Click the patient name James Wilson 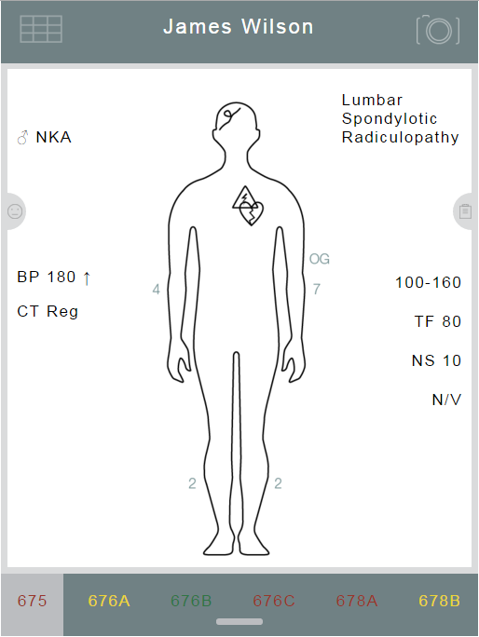[239, 27]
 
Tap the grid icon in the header [41, 29]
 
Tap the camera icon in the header [438, 30]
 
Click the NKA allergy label [54, 137]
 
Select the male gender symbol [22, 138]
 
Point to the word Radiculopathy [400, 137]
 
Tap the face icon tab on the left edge [15, 211]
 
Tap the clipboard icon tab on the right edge [465, 211]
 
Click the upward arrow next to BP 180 [87, 278]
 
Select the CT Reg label [48, 312]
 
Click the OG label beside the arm [320, 259]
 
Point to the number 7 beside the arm [316, 289]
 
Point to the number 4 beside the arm [157, 290]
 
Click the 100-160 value [428, 282]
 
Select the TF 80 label [437, 321]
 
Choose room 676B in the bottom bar [191, 601]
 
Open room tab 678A [357, 601]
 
